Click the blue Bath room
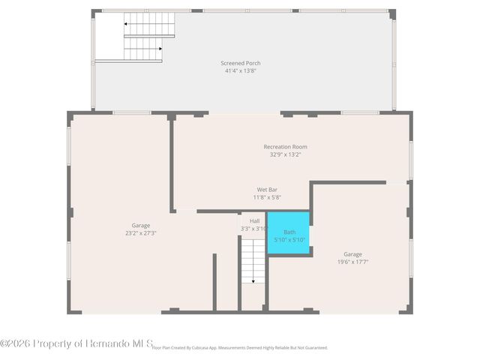[x=289, y=234]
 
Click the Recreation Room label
[x=285, y=147]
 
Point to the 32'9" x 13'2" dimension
[x=285, y=154]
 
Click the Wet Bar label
[x=267, y=190]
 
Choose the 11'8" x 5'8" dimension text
[x=267, y=197]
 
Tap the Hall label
[x=254, y=221]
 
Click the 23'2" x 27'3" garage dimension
[x=141, y=233]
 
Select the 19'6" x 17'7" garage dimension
[x=352, y=262]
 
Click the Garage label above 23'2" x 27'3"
[x=141, y=226]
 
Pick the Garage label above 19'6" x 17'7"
[x=352, y=254]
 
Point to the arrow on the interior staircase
[x=253, y=280]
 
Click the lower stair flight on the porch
[x=142, y=49]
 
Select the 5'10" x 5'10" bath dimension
[x=289, y=240]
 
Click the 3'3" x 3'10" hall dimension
[x=254, y=229]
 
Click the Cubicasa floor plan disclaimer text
[x=240, y=348]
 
